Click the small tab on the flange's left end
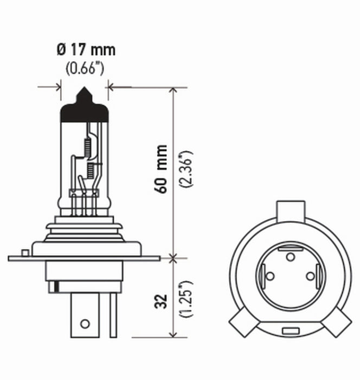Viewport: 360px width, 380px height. [x=24, y=252]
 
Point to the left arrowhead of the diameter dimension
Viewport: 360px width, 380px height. [x=56, y=86]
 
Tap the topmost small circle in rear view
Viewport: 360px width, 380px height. [x=290, y=255]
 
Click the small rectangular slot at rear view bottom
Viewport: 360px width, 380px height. [x=288, y=330]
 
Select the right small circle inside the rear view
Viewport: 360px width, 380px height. [x=310, y=276]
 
